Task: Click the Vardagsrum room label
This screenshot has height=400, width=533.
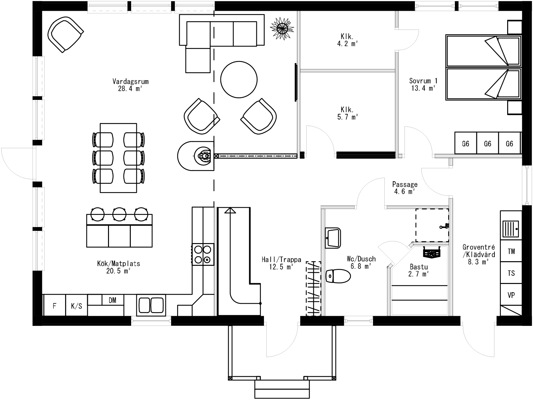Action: tap(130, 85)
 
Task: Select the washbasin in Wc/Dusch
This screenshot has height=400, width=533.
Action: tap(333, 238)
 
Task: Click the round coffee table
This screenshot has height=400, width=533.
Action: tap(239, 79)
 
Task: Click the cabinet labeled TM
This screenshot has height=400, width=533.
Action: tap(511, 251)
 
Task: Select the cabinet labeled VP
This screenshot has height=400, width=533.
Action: tap(511, 295)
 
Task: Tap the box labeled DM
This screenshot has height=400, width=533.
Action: tap(112, 300)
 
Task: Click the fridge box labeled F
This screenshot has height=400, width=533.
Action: tap(54, 306)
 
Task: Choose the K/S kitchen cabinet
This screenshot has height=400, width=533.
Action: tap(76, 306)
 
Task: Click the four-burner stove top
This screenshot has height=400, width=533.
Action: tap(203, 254)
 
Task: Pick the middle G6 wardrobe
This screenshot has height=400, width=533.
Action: tap(487, 144)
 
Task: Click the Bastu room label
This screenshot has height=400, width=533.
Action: tap(419, 270)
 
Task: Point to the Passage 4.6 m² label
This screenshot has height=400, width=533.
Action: tap(405, 188)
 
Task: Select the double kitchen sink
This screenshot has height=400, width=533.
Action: tap(151, 305)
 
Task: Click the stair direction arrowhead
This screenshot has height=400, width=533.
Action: tap(230, 210)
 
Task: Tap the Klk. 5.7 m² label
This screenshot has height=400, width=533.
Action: tap(347, 113)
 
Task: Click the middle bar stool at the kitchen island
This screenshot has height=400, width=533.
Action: tap(119, 214)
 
